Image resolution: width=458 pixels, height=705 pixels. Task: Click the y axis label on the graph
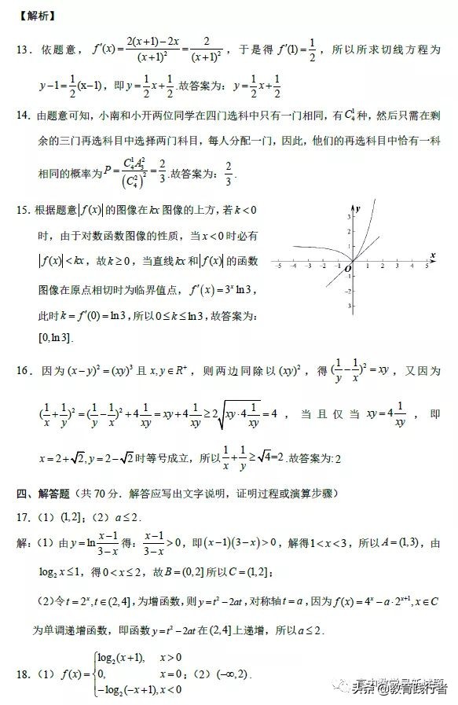357,208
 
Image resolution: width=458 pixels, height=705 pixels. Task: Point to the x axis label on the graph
433,255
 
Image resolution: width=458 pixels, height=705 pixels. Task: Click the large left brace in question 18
92,674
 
